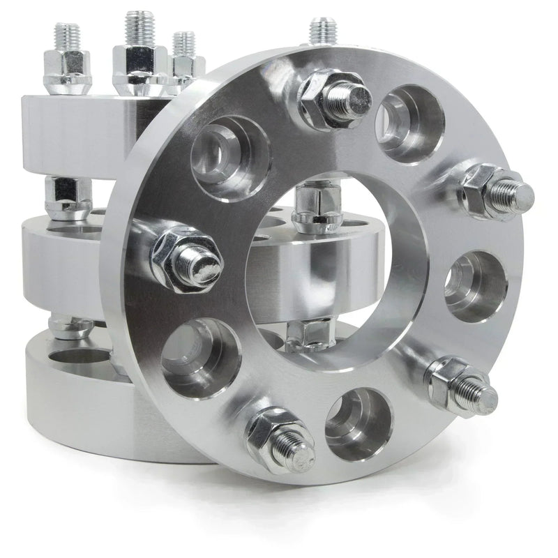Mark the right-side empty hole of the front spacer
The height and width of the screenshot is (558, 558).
(476, 286)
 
